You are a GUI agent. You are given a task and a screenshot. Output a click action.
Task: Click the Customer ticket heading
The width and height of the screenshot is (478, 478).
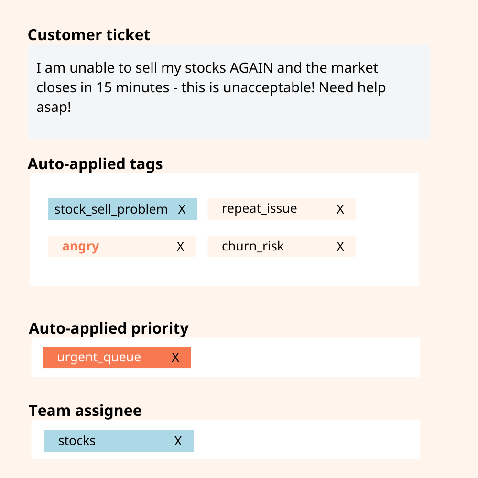(x=89, y=35)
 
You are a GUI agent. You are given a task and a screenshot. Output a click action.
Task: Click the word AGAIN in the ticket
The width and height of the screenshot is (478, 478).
(x=251, y=68)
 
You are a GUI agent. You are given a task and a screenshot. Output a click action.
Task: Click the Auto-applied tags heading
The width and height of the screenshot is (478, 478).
(x=95, y=164)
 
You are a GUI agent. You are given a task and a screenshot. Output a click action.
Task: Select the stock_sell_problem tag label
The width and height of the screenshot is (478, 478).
(x=111, y=209)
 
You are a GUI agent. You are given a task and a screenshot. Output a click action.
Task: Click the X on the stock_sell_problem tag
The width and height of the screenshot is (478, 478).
(x=182, y=209)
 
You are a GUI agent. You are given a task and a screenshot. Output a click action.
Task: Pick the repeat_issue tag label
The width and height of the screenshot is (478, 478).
(x=259, y=209)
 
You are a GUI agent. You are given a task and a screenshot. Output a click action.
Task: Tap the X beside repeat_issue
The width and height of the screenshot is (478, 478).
(x=340, y=209)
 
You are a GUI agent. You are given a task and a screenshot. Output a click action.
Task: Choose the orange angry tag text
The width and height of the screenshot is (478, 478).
(x=80, y=247)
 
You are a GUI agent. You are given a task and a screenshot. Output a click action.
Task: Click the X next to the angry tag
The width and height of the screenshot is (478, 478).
(x=180, y=247)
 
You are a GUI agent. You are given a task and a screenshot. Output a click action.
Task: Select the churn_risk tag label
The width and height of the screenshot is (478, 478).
(x=252, y=247)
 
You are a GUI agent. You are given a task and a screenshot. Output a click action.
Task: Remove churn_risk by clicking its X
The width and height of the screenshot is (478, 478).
(x=340, y=247)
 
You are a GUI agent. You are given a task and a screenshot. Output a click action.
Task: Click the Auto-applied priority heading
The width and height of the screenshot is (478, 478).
(x=109, y=329)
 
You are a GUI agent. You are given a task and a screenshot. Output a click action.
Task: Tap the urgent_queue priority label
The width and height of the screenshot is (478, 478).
(x=99, y=358)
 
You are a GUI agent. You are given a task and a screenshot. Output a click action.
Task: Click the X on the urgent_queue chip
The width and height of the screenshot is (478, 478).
(x=175, y=358)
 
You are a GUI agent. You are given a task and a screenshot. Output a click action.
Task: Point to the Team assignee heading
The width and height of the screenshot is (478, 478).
(x=85, y=411)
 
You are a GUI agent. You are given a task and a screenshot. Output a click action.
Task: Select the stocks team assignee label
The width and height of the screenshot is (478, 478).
(x=77, y=441)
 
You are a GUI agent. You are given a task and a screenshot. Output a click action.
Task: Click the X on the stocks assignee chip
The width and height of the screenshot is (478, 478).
(x=178, y=441)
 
